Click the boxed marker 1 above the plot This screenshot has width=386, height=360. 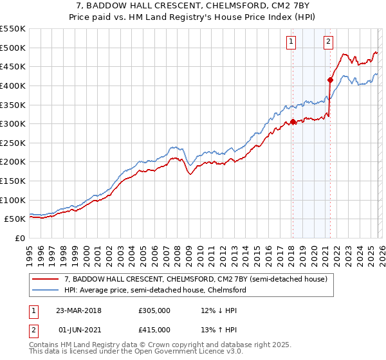click(291, 42)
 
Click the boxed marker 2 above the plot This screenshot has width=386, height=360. click(328, 42)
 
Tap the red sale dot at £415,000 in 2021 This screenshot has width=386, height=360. click(330, 80)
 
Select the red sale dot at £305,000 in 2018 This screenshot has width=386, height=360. click(293, 122)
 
